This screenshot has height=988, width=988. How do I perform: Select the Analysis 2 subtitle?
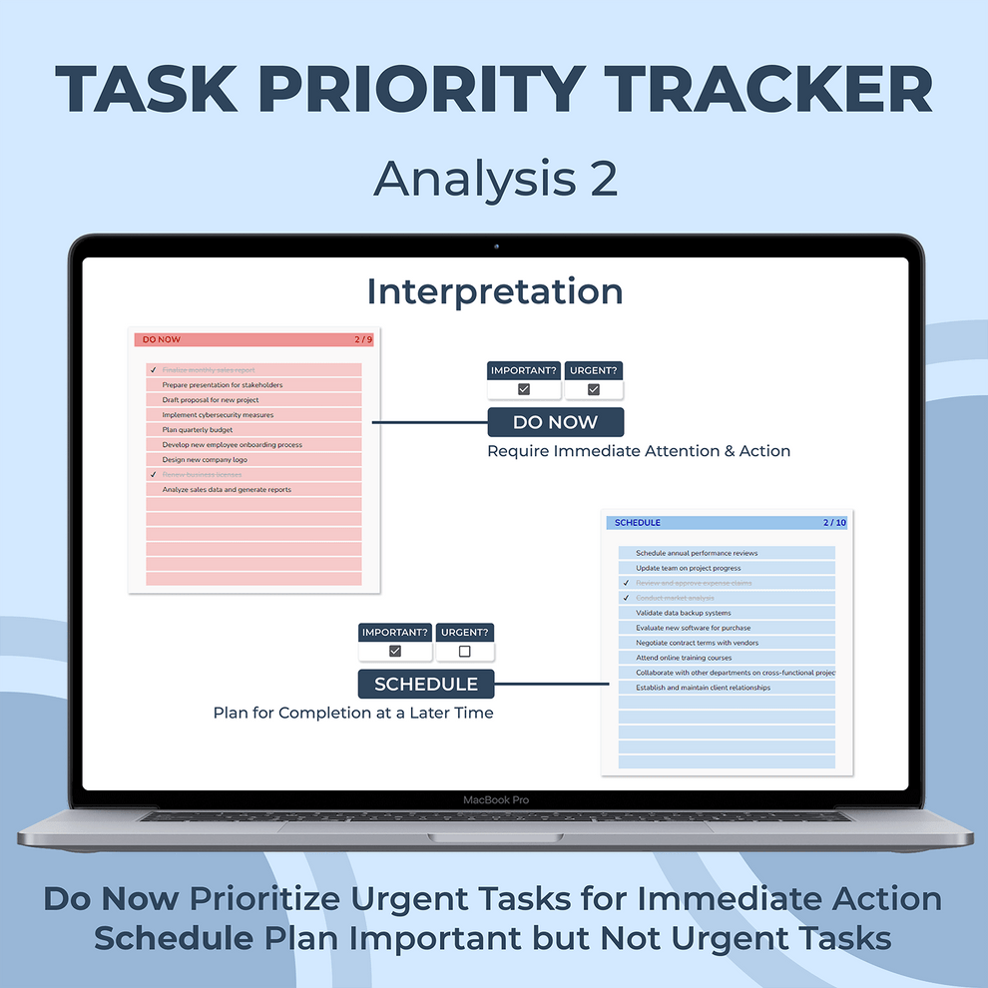495,179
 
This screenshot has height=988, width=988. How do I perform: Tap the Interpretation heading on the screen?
495,292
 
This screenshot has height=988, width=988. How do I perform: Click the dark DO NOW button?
555,422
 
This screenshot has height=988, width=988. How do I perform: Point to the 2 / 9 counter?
363,340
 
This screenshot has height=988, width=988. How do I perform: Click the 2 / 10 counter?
834,523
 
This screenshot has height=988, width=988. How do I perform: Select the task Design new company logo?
205,460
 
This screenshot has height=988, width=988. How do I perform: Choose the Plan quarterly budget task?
198,430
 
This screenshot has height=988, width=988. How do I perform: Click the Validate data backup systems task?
683,613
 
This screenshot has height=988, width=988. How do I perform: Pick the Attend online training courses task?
684,658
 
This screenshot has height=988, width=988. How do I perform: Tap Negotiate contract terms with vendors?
697,643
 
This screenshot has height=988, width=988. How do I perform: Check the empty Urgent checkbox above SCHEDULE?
464,652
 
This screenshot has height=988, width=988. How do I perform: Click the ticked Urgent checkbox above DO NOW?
594,389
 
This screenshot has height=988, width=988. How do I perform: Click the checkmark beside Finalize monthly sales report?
153,370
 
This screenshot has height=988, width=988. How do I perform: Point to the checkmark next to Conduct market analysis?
626,598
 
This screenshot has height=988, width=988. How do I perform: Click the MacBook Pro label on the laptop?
495,800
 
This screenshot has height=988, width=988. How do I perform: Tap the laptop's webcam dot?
495,247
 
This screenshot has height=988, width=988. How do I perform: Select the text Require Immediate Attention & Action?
639,451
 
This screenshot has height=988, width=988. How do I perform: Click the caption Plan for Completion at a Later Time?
353,713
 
